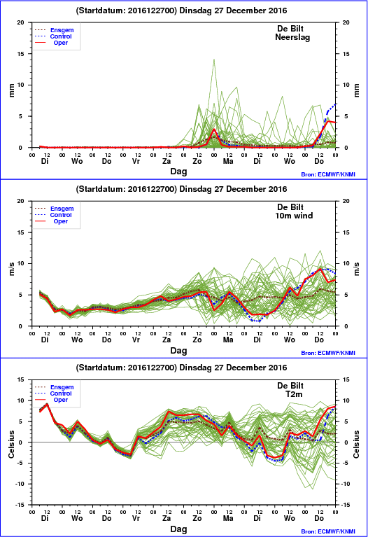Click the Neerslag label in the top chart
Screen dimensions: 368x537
[x=292, y=37]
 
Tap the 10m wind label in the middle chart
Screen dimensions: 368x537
[x=294, y=216]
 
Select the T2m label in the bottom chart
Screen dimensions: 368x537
[x=294, y=394]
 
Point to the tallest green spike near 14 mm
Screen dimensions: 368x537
[x=214, y=60]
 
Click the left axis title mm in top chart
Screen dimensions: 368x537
[x=11, y=90]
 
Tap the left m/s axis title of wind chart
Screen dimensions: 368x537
[x=11, y=269]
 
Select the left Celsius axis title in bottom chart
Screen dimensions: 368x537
[x=11, y=444]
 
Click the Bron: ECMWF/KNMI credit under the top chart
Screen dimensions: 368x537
[x=328, y=174]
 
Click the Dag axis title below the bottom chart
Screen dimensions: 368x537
[x=178, y=529]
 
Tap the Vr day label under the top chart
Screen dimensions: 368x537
[x=136, y=161]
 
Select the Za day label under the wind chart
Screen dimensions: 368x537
[x=167, y=340]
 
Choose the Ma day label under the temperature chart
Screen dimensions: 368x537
[x=228, y=518]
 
